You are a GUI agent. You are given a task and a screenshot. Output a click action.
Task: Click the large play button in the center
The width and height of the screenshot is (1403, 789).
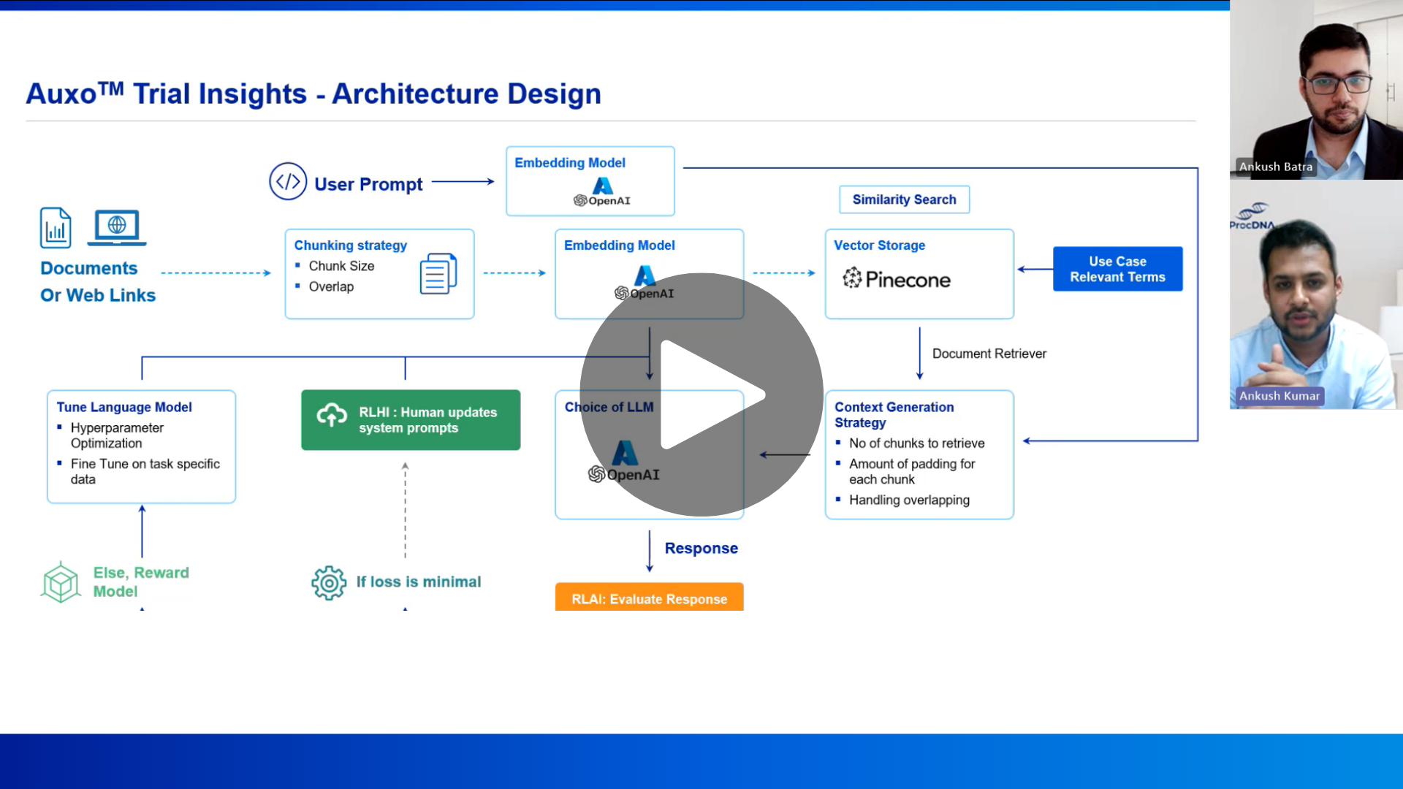tap(701, 394)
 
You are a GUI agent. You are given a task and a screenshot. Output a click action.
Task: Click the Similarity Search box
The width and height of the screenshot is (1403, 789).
tap(904, 199)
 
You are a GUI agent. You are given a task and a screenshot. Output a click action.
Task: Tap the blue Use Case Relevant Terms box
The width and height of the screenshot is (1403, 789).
tap(1117, 269)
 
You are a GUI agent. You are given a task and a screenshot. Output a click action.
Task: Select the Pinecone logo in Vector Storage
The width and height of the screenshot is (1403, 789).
tap(897, 279)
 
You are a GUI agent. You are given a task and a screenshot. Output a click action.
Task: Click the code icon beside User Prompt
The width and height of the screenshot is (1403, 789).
tap(288, 181)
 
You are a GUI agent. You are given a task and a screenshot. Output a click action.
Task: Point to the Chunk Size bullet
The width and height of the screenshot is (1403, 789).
tap(341, 266)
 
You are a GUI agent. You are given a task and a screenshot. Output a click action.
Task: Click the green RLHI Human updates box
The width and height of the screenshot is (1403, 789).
tap(411, 420)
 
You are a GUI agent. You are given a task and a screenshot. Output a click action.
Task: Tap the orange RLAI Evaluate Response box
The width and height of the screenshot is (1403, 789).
tap(649, 598)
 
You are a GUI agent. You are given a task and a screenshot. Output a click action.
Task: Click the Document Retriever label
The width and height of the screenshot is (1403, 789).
tap(989, 354)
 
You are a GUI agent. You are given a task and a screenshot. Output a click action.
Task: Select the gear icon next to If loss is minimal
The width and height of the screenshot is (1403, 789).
tap(329, 582)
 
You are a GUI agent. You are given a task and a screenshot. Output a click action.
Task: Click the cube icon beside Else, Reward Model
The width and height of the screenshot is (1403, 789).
tap(61, 582)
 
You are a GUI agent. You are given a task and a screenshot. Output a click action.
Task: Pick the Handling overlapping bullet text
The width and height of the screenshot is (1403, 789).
tap(909, 500)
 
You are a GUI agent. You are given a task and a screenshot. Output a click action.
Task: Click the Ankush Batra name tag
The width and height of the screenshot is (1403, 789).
tap(1275, 167)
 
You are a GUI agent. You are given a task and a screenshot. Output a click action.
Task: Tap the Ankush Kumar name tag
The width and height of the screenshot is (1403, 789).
tap(1279, 396)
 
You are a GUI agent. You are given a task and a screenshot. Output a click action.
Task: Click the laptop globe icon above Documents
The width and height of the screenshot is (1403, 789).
tap(117, 227)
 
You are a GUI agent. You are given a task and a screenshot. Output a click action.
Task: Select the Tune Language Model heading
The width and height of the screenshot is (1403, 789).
tap(124, 407)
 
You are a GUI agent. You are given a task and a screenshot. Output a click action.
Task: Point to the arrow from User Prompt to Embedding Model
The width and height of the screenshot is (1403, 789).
tap(463, 181)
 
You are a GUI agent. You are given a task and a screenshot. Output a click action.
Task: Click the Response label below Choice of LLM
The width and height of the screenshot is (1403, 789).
tap(701, 548)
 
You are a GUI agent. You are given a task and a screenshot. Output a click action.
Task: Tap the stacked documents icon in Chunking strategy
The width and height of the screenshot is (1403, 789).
tap(438, 273)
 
